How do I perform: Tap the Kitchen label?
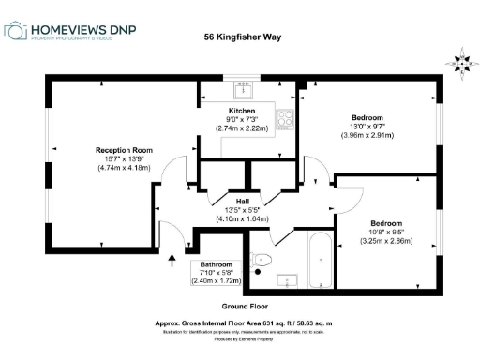click(x=243, y=109)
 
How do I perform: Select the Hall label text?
click(x=242, y=201)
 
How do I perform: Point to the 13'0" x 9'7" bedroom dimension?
click(x=367, y=127)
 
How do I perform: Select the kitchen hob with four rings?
click(x=287, y=119)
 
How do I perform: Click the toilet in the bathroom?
click(x=263, y=260)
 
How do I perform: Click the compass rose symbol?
click(x=460, y=64)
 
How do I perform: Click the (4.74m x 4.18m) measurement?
click(x=124, y=168)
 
